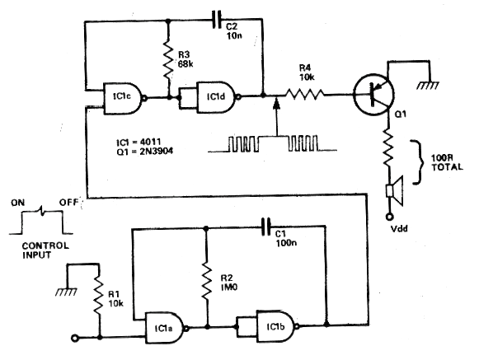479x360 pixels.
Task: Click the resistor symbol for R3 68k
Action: click(x=168, y=58)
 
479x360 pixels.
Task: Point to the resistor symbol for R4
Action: click(x=304, y=95)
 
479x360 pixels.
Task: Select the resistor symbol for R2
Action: click(x=207, y=281)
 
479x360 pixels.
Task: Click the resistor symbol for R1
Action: click(x=99, y=296)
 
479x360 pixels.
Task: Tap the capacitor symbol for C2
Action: click(x=216, y=20)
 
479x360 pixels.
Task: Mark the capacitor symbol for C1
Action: click(x=265, y=227)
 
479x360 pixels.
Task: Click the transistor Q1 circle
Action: click(x=373, y=94)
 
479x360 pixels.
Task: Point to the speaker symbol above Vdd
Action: click(x=395, y=192)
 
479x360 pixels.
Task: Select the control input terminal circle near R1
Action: click(x=75, y=338)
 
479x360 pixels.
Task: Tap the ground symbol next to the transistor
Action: click(x=428, y=86)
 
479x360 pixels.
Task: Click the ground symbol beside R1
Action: click(x=66, y=292)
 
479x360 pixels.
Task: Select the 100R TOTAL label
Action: click(x=447, y=162)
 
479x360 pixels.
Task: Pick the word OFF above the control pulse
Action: click(x=68, y=203)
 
